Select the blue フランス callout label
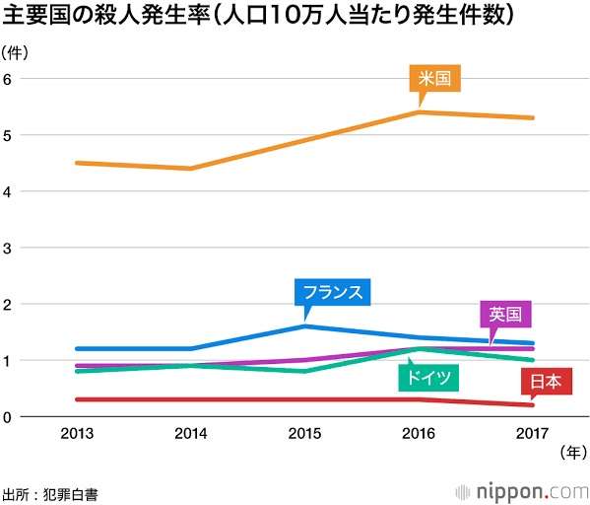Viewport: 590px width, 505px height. (x=333, y=292)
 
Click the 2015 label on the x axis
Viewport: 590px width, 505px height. (x=306, y=431)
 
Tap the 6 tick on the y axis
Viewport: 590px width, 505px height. (x=8, y=79)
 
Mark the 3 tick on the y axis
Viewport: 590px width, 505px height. (x=8, y=248)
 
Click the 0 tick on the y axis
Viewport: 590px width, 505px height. (x=8, y=417)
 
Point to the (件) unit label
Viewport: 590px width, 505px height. (x=16, y=50)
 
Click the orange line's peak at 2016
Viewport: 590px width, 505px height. (x=420, y=112)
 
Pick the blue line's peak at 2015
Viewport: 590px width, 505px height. (x=306, y=326)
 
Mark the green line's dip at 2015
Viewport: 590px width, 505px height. (x=306, y=372)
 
